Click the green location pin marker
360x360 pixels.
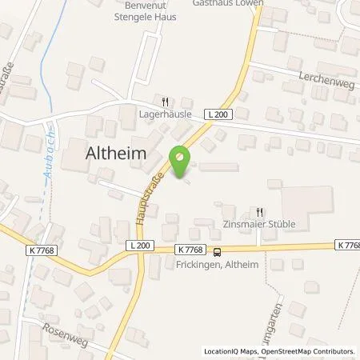click(x=181, y=162)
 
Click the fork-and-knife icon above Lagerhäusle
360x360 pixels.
click(x=165, y=102)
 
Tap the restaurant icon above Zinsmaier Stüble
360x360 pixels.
click(x=259, y=212)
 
